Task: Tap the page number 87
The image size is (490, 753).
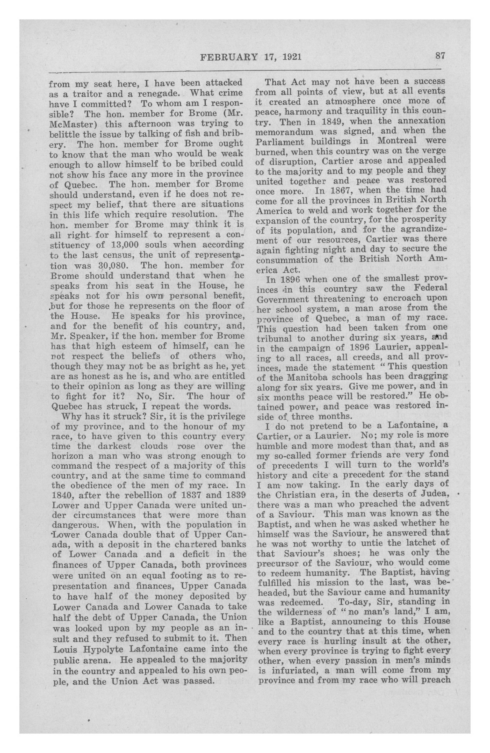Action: click(440, 56)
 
